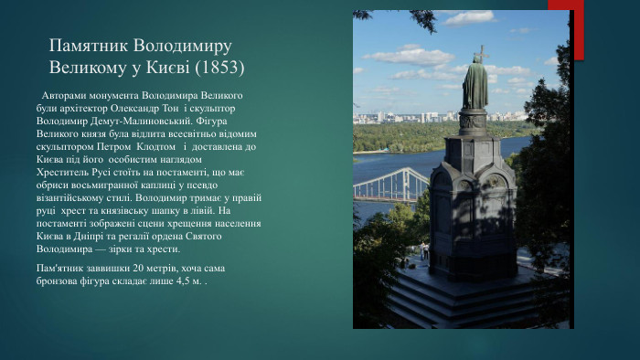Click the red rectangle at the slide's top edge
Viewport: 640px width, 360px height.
pos(559,5)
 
